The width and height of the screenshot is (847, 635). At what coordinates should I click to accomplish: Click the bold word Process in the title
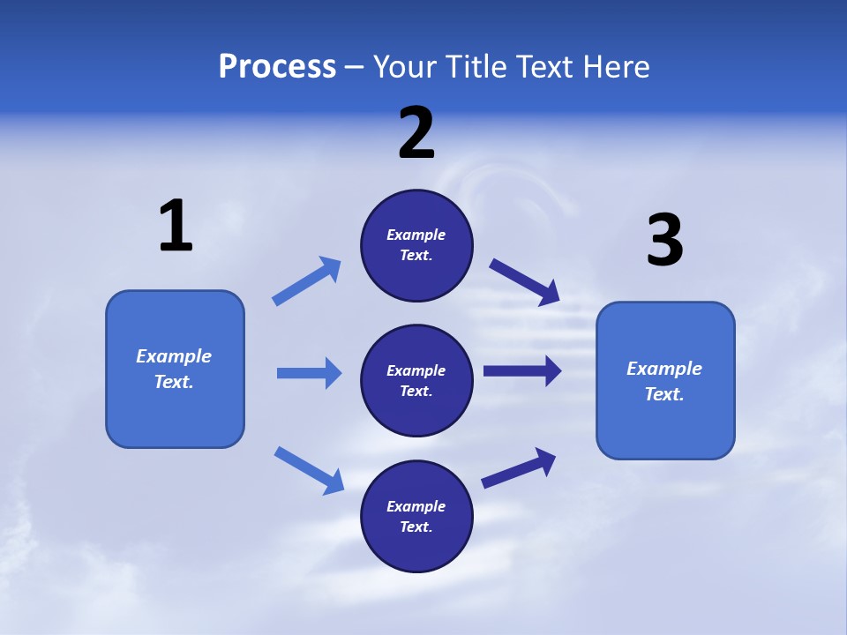[x=277, y=67]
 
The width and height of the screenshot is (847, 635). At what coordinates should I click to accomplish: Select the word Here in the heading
[x=615, y=67]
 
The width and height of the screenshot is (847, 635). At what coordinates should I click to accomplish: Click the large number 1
[x=176, y=227]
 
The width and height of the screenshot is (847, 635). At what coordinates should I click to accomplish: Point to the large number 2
[x=416, y=133]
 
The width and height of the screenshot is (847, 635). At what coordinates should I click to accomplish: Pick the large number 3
[x=664, y=241]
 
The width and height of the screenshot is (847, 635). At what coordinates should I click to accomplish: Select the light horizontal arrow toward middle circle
[x=309, y=373]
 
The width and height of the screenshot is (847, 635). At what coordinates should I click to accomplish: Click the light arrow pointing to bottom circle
[x=309, y=470]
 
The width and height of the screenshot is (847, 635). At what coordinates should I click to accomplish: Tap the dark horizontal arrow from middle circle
[x=522, y=370]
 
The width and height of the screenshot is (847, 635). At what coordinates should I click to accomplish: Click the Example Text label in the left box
[x=174, y=369]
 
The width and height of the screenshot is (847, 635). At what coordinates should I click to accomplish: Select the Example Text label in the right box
[x=664, y=381]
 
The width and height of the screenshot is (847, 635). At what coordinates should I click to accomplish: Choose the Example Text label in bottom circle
[x=416, y=517]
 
